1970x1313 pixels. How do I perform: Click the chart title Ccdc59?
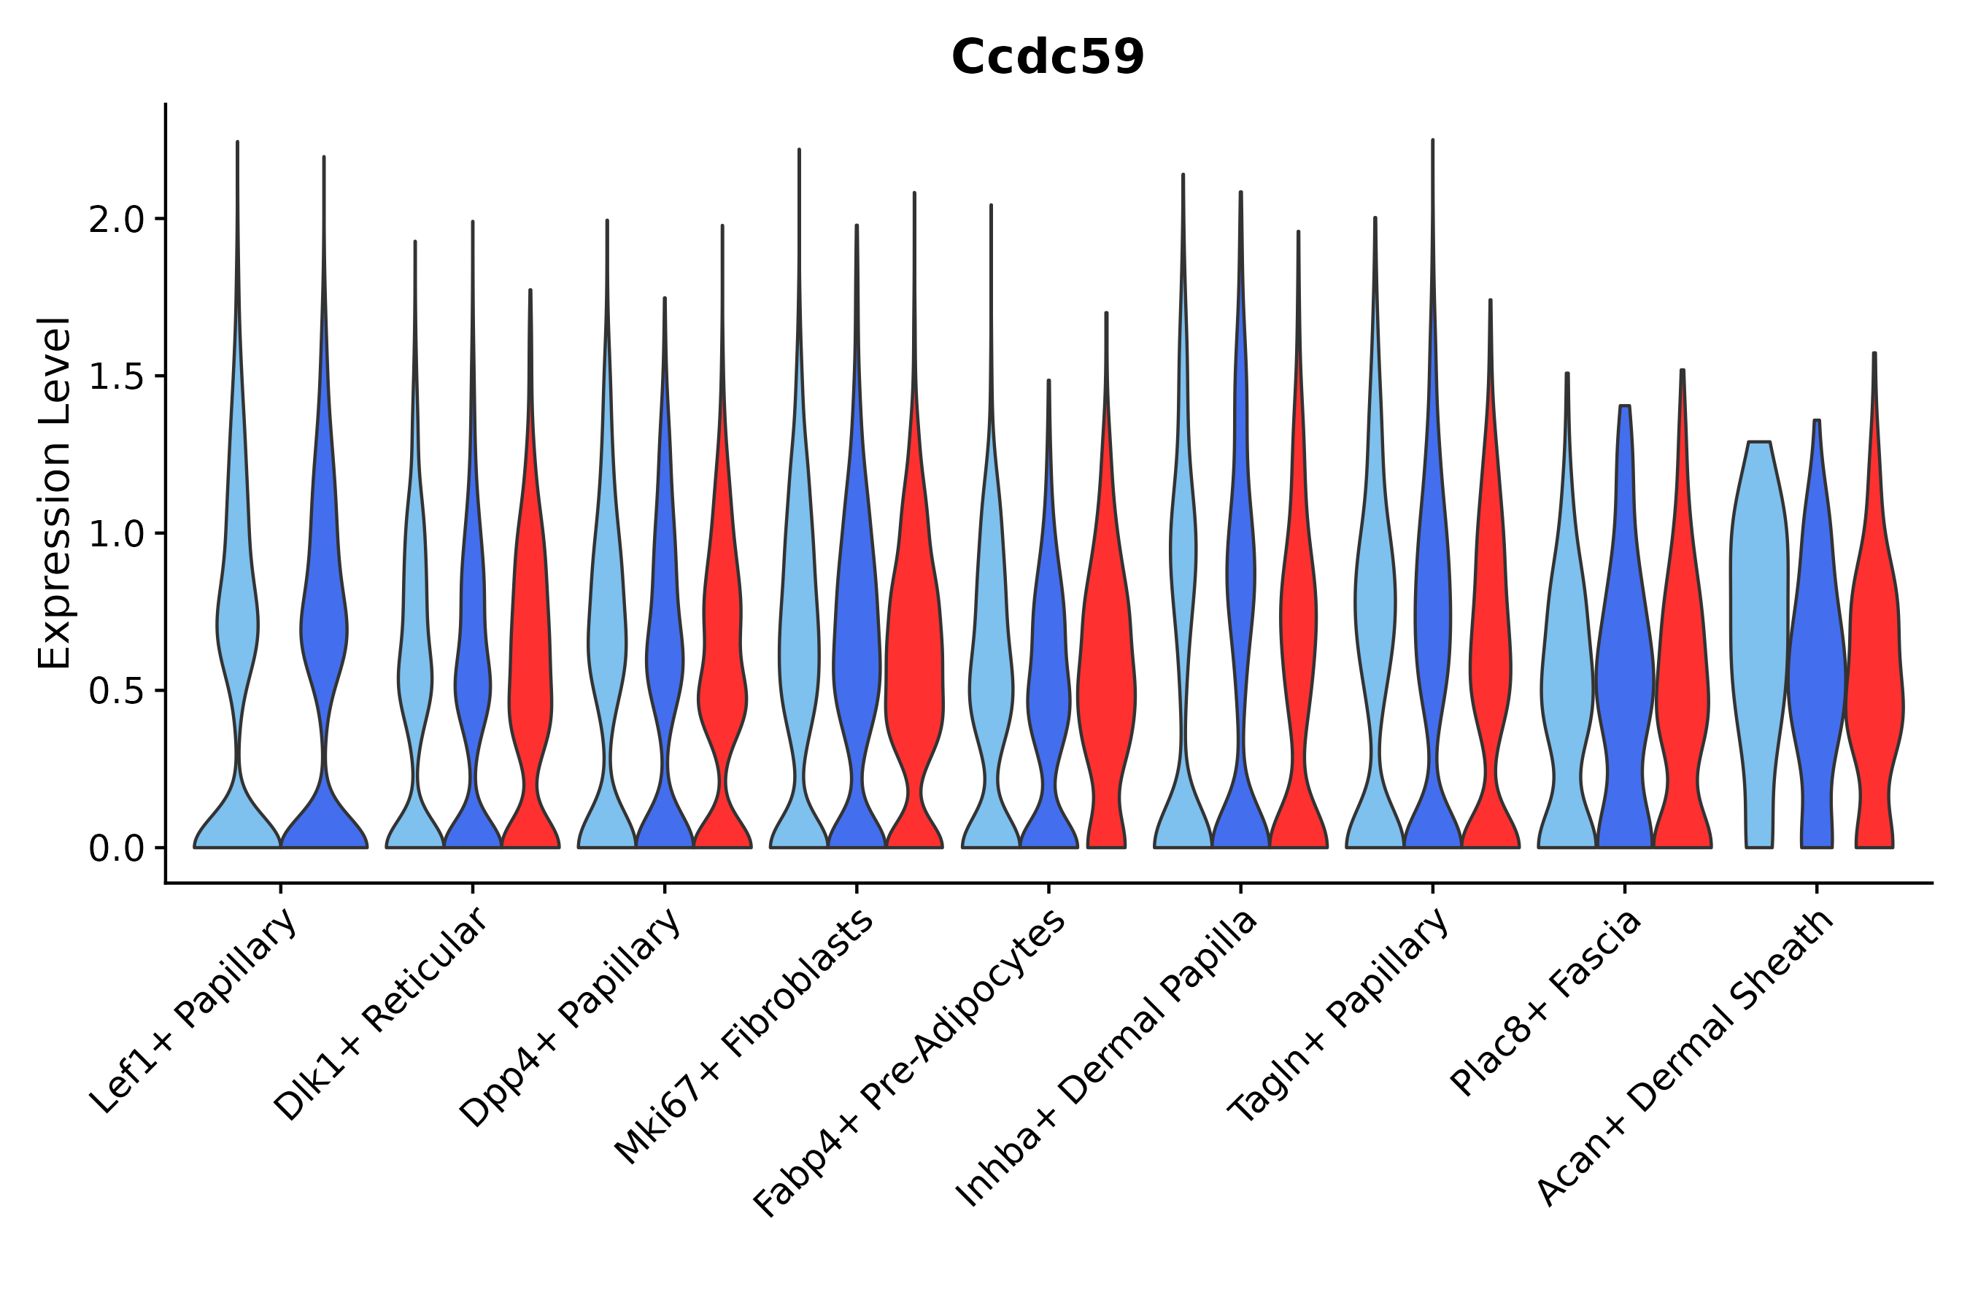pyautogui.click(x=1047, y=58)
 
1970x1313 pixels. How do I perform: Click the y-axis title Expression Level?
pyautogui.click(x=55, y=492)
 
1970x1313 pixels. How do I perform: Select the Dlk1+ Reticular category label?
pyautogui.click(x=382, y=1015)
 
